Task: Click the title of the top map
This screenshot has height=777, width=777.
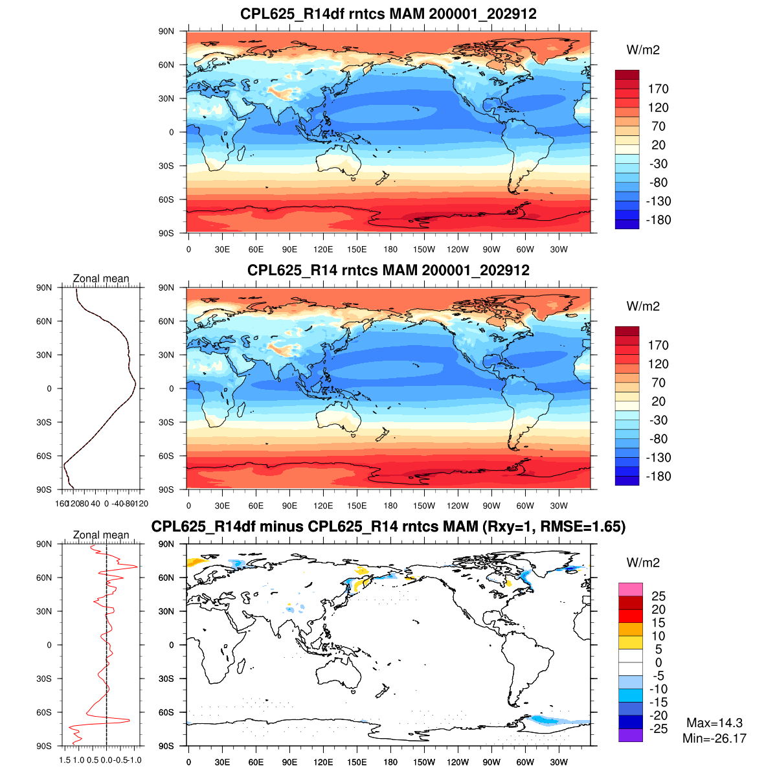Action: (388, 14)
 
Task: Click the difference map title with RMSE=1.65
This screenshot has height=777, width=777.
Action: (388, 526)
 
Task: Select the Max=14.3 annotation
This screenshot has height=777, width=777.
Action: (714, 723)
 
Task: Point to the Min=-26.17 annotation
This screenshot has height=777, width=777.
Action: (714, 738)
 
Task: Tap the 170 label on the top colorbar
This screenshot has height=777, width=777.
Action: (658, 89)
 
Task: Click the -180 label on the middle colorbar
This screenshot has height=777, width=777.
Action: (658, 477)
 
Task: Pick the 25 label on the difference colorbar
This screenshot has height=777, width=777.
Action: (658, 596)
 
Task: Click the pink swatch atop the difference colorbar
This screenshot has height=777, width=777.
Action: (630, 589)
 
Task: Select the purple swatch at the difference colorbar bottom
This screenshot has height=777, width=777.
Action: (630, 735)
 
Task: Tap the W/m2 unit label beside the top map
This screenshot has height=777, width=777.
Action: (643, 50)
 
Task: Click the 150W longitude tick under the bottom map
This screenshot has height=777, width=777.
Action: (424, 762)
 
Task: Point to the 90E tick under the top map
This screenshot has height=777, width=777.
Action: (289, 249)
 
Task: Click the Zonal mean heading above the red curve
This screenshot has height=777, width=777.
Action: (101, 535)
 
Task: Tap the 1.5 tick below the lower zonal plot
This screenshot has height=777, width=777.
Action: (65, 760)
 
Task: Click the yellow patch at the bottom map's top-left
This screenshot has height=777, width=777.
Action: (193, 562)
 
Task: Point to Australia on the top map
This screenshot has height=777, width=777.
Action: (339, 161)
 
